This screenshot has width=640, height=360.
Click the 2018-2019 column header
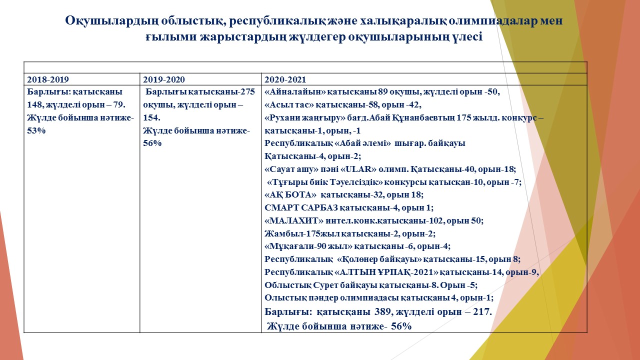(x=48, y=79)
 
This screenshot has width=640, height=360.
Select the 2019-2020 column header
(x=164, y=79)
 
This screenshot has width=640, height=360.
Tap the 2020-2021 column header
(x=285, y=79)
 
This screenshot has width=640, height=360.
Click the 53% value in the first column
(x=36, y=130)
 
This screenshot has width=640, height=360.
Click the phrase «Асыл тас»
(x=289, y=105)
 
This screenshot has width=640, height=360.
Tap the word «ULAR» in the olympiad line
(x=358, y=169)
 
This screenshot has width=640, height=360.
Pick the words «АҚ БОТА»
(x=290, y=195)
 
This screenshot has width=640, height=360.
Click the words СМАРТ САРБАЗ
(x=301, y=207)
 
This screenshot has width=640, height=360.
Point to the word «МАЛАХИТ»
(x=294, y=221)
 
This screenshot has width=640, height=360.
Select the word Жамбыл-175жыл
(x=302, y=233)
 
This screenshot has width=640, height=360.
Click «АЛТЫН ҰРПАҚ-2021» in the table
(x=385, y=272)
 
